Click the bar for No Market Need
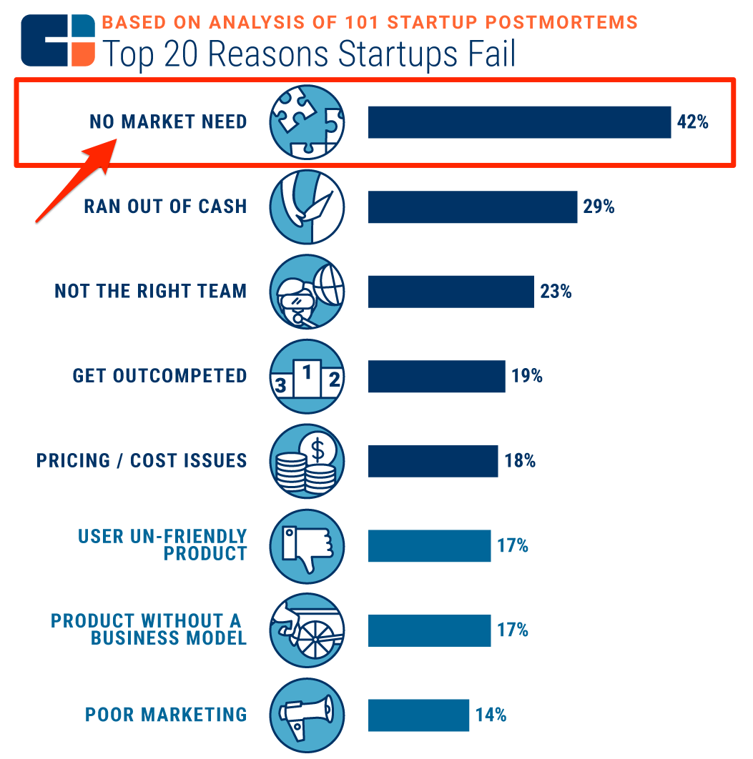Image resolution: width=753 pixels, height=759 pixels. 519,122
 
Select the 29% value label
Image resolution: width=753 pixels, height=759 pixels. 599,207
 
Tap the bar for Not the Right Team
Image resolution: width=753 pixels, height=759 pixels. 451,292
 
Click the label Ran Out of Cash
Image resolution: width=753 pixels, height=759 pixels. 165,207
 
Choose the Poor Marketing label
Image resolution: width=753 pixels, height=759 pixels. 166,715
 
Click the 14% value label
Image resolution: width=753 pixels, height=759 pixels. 491,715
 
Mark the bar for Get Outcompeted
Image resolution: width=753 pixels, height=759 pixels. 436,377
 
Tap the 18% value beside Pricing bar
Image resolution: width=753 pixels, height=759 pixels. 520,461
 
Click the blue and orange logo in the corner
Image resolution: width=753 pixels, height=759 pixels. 58,41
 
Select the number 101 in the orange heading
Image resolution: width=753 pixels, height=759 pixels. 360,21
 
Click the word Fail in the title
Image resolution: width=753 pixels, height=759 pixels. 487,55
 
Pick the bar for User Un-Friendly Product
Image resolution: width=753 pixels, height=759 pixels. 429,546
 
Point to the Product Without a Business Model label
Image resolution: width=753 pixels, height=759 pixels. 149,630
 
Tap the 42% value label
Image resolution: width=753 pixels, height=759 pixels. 692,122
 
